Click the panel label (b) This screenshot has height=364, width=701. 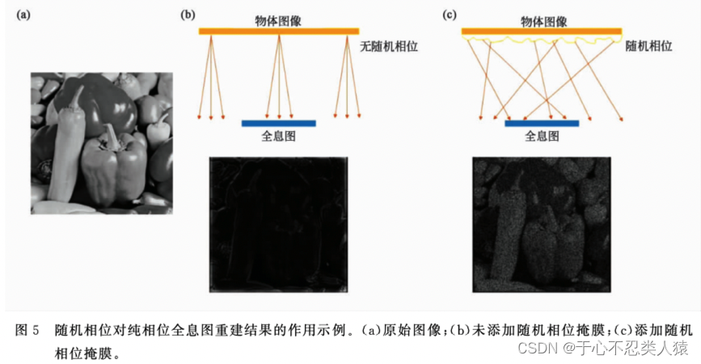[187, 14]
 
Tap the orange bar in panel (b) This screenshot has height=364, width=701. [279, 31]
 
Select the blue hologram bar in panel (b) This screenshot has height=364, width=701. [278, 123]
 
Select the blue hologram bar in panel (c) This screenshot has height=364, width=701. [542, 123]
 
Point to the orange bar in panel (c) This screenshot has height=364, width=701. [542, 31]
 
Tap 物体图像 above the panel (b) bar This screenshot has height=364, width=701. [279, 15]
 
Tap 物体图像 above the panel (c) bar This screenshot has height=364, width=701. [542, 15]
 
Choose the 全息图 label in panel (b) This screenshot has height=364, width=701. [278, 138]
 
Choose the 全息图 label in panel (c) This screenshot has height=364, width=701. [542, 138]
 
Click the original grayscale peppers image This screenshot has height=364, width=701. [102, 142]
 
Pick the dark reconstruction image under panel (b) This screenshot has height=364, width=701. [278, 224]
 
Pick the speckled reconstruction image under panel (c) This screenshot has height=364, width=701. [542, 224]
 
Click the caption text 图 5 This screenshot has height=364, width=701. [27, 330]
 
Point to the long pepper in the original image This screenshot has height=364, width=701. [65, 150]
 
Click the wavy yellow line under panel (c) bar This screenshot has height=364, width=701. [542, 40]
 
